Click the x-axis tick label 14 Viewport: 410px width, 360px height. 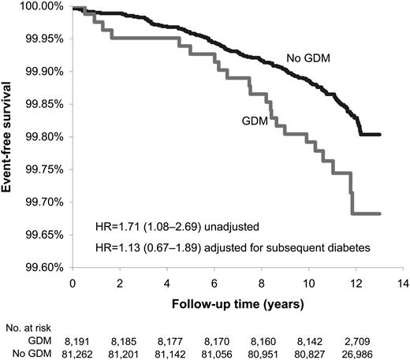[x=403, y=283]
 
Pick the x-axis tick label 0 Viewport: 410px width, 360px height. [x=73, y=283]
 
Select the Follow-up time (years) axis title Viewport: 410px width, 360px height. [x=237, y=302]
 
